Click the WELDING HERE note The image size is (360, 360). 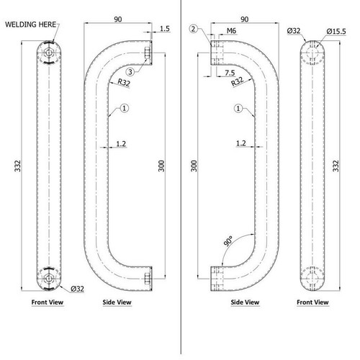click(x=31, y=24)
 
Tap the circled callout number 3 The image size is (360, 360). click(x=129, y=73)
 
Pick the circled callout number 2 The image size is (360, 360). click(x=194, y=29)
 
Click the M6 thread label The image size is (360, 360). click(x=231, y=32)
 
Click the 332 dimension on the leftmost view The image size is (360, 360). click(x=17, y=165)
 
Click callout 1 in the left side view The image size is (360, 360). click(x=124, y=108)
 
